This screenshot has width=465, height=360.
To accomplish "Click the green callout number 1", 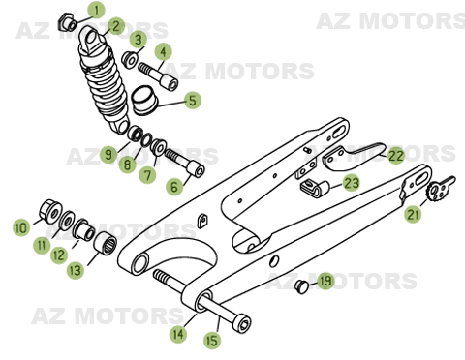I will tap(95, 11).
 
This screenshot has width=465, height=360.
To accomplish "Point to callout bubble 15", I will tap(212, 341).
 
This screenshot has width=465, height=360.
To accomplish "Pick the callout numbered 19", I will tap(325, 282).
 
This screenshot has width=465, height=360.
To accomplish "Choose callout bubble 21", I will tap(414, 215).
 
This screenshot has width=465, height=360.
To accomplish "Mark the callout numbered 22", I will tap(395, 154).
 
